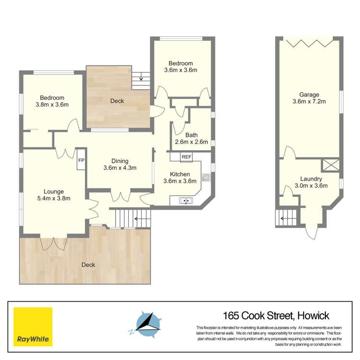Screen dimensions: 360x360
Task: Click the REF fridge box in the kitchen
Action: (187, 156)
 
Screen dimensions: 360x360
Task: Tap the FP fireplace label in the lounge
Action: (81, 160)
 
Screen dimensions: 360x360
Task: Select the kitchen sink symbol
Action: (186, 201)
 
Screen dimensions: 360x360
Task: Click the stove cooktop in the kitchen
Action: (206, 178)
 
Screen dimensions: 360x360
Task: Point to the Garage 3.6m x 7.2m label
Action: (309, 98)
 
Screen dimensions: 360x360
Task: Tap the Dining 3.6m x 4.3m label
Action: (120, 165)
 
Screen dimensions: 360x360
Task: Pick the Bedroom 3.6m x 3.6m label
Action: (180, 67)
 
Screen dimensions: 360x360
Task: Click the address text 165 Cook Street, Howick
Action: (276, 315)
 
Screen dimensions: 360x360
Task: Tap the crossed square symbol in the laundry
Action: (332, 165)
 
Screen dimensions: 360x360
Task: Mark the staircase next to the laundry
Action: (287, 217)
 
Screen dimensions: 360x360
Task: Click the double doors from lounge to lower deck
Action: (52, 242)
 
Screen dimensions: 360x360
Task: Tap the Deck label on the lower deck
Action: (88, 264)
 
